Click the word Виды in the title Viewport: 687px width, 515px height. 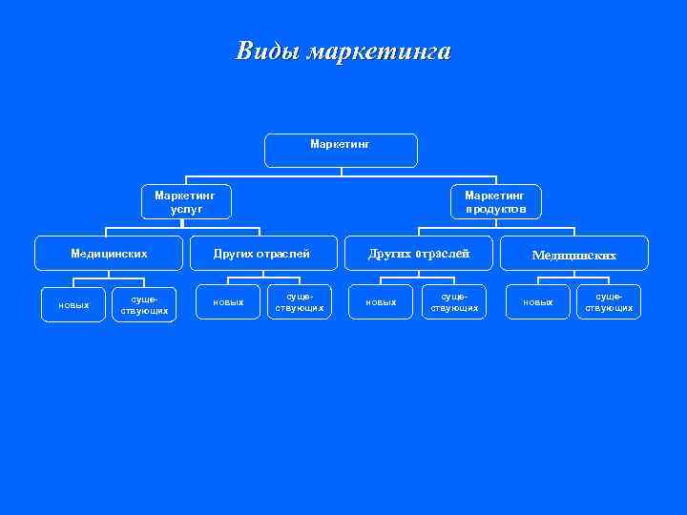tap(268, 51)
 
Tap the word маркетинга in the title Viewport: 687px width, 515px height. tap(379, 51)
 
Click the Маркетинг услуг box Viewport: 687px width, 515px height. tap(185, 201)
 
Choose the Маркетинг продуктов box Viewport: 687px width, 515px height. tap(495, 201)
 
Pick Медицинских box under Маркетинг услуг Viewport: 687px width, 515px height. tap(109, 254)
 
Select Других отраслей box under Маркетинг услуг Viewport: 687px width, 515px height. tap(261, 254)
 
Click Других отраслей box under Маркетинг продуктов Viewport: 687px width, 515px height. tap(419, 254)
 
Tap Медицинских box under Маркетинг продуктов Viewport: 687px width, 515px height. tap(573, 255)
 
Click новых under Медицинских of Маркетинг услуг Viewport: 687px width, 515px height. tap(73, 305)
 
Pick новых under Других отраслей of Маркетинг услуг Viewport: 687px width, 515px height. tap(228, 302)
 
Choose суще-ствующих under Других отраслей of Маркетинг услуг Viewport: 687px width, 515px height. tap(299, 302)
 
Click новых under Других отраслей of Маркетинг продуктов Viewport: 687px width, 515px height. tap(381, 302)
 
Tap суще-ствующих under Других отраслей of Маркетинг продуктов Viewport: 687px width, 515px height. tap(454, 302)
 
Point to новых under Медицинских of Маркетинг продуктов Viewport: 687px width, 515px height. tap(537, 302)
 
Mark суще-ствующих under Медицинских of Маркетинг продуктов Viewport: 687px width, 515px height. tap(609, 302)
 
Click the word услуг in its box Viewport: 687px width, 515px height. tap(185, 209)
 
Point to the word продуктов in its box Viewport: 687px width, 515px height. tap(495, 209)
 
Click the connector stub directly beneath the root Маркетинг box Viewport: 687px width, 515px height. tap(341, 173)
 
